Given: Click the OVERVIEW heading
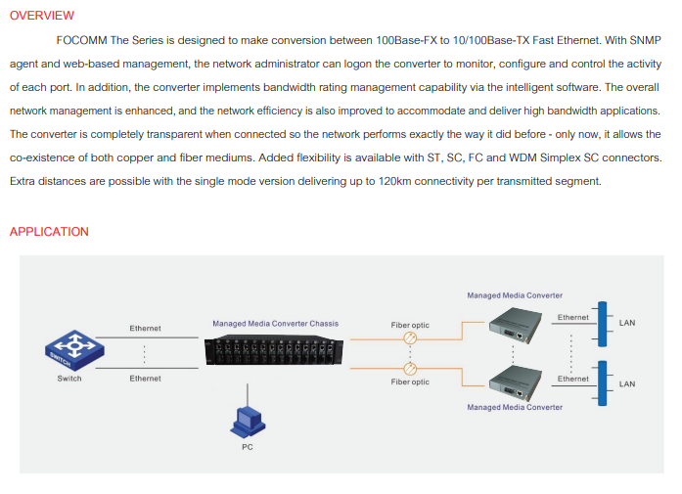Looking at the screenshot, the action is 42,16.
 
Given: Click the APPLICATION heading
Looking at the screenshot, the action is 49,232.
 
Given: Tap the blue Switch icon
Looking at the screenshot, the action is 74,350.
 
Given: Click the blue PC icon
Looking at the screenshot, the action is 248,423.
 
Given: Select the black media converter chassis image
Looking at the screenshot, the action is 274,349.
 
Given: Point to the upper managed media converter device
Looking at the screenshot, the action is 516,326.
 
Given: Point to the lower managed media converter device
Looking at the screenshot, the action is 516,383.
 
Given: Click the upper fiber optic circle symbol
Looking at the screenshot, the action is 410,337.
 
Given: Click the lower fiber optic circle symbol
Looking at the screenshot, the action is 410,369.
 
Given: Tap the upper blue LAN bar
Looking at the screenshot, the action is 603,324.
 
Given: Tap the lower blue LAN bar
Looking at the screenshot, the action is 603,383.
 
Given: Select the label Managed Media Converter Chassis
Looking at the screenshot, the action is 275,324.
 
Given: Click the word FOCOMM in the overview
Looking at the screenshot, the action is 82,40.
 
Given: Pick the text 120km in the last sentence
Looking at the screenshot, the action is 394,181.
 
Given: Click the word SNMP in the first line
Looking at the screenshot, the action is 645,40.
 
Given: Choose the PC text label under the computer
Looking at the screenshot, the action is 248,447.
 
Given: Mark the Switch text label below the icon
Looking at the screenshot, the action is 69,379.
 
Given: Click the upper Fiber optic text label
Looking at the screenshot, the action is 410,325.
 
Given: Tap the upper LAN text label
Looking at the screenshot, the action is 627,323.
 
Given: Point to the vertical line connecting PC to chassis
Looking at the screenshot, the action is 248,395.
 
